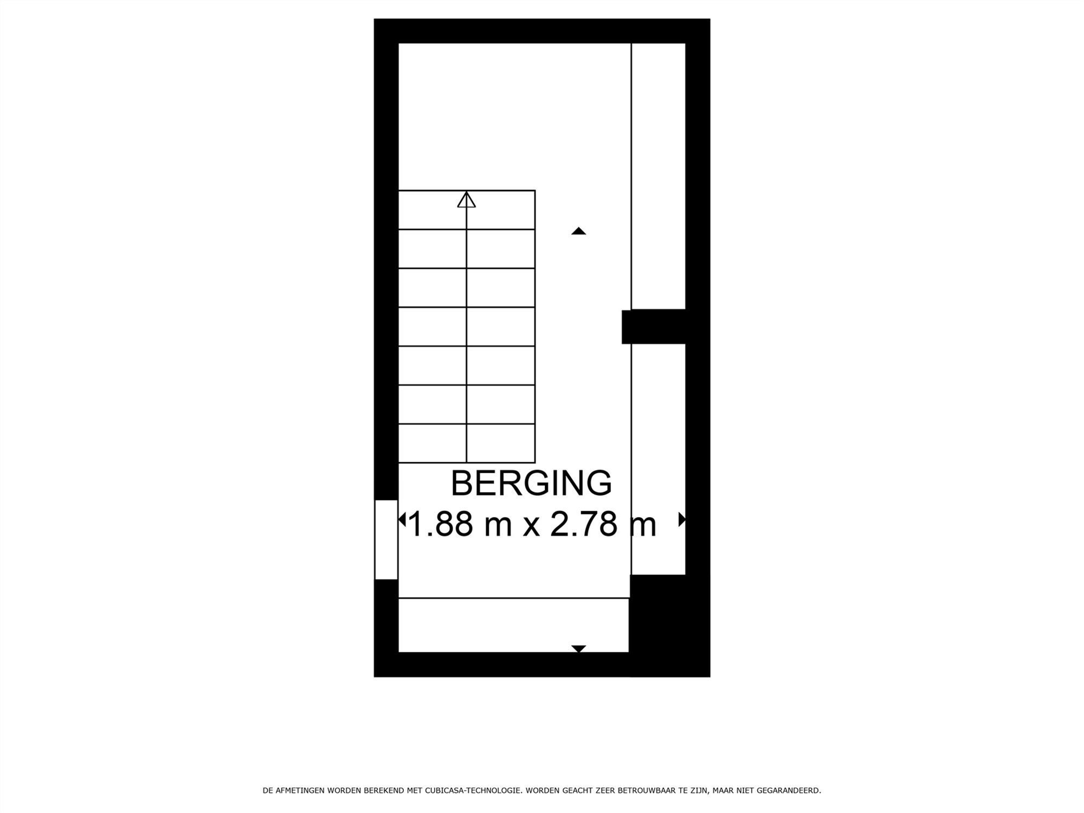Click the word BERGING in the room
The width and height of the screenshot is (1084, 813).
pos(531,483)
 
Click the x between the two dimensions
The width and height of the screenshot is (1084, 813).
pos(531,527)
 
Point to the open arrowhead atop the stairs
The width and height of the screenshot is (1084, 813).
pos(466,199)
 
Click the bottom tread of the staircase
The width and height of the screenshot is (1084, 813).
pos(467,443)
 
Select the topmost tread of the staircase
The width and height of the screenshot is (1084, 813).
pos(467,210)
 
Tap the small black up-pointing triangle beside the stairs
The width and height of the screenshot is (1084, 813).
pos(578,231)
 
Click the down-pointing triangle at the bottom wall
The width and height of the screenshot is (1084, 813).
pos(578,649)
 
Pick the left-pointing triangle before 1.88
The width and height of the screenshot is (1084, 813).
pos(402,520)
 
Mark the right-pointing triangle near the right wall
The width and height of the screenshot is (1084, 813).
pos(682,520)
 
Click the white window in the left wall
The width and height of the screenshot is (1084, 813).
pos(386,540)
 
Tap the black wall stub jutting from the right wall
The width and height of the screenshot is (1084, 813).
pos(654,327)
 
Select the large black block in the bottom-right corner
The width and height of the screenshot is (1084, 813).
pos(669,625)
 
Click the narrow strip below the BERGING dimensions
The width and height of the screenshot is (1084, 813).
pos(513,625)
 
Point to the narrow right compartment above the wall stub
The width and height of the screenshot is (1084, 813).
pos(659,176)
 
